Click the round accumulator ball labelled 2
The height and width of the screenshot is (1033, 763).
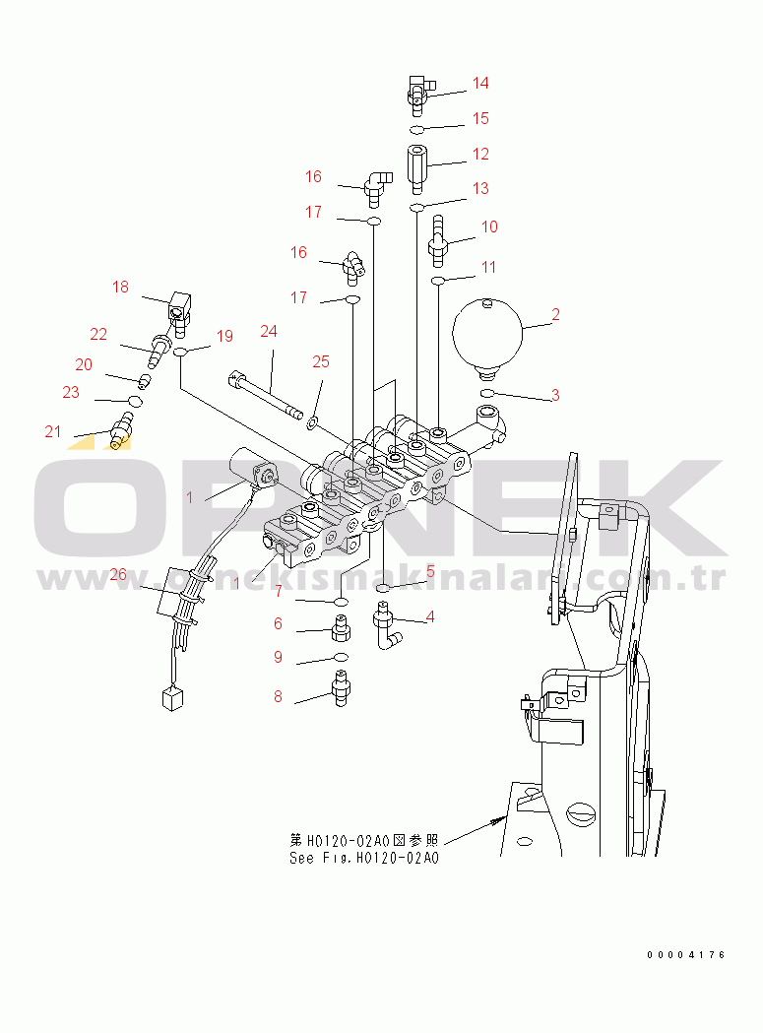pos(488,334)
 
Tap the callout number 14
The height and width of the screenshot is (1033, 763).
pos(479,83)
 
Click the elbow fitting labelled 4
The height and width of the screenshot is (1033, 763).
pos(386,630)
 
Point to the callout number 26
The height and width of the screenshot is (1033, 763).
pos(118,575)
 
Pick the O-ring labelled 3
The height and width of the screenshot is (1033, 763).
pos(487,395)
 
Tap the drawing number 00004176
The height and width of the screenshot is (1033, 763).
pos(686,955)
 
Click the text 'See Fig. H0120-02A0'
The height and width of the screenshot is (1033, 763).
pos(364,858)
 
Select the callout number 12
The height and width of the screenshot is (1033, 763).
pos(479,154)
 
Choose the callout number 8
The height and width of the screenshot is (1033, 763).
pos(278,697)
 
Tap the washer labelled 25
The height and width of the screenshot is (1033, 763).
pos(312,422)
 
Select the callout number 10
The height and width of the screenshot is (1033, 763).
pos(488,226)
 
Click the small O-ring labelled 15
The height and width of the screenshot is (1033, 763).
pos(417,130)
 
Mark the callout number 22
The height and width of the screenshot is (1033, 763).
pos(98,335)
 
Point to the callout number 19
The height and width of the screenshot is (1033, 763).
pos(224,336)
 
